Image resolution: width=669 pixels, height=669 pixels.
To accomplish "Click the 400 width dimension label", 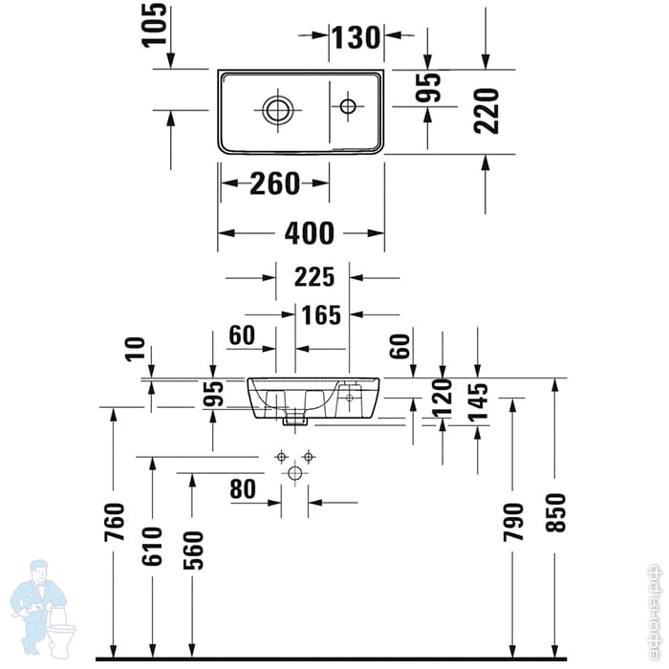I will (310, 232).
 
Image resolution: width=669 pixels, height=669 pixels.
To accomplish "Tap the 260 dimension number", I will (275, 183).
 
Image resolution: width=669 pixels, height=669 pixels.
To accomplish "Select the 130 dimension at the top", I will (356, 37).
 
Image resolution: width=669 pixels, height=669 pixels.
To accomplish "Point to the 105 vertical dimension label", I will (156, 24).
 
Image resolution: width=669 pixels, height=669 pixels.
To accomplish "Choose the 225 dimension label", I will (314, 277).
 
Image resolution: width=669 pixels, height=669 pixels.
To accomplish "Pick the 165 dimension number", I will (321, 313).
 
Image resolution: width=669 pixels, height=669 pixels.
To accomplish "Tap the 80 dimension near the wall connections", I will (243, 489).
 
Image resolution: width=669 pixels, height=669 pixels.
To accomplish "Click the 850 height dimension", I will (555, 512).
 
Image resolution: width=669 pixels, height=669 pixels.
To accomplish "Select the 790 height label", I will (513, 523).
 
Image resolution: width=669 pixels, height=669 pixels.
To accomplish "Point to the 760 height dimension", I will (115, 523).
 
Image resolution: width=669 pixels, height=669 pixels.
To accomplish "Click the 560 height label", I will (192, 550).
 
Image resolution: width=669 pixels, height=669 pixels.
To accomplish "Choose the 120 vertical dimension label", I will (442, 399).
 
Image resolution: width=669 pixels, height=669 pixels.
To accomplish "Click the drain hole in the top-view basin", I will (277, 109).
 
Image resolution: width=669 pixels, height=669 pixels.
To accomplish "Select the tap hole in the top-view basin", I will (347, 106).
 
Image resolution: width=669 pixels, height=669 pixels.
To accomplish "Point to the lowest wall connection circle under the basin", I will (294, 473).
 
